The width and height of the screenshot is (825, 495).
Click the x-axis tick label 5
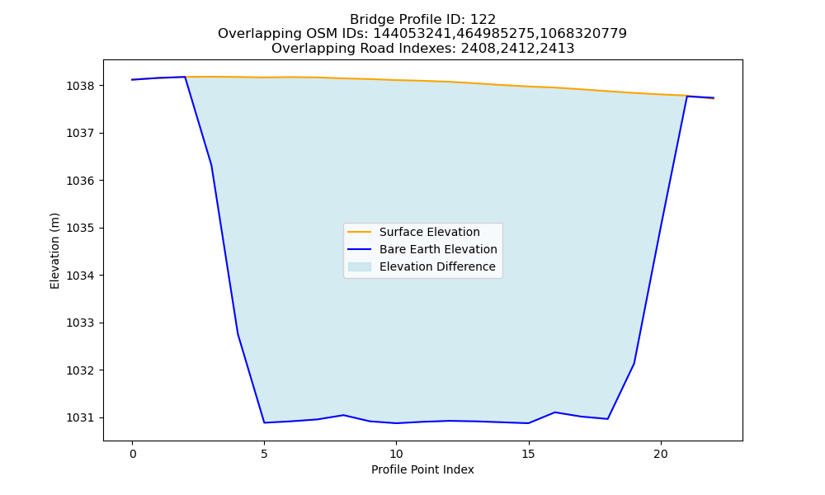coord(264,454)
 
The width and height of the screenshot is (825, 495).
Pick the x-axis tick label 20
coord(661,454)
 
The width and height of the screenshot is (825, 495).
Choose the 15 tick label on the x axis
coord(528,454)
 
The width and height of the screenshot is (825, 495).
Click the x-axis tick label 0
coord(133,454)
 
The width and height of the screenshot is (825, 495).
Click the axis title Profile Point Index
coord(422,469)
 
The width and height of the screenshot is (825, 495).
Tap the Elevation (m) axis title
coord(54,251)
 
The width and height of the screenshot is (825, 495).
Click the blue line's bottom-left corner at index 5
coord(264,422)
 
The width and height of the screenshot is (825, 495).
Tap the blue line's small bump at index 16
coord(555,412)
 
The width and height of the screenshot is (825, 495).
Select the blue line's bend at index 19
coord(634,363)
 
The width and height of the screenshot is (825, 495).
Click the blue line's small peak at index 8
coord(343,415)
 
